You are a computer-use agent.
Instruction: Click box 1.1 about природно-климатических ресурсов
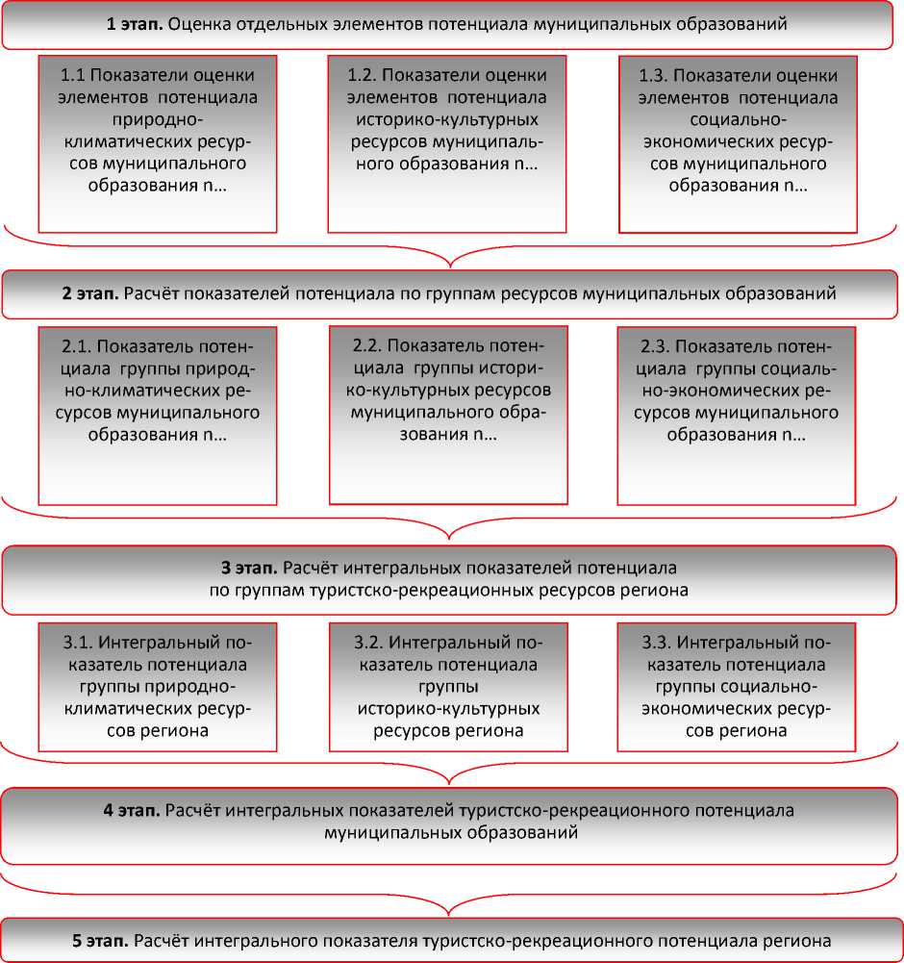pyautogui.click(x=158, y=143)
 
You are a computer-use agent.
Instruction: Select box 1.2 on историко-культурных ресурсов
pyautogui.click(x=446, y=143)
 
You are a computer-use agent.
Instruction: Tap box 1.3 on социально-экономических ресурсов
pyautogui.click(x=738, y=143)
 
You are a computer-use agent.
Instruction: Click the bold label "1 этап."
pyautogui.click(x=134, y=24)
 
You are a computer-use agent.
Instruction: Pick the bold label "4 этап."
pyautogui.click(x=132, y=810)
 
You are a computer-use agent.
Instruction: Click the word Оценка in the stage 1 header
pyautogui.click(x=198, y=24)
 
